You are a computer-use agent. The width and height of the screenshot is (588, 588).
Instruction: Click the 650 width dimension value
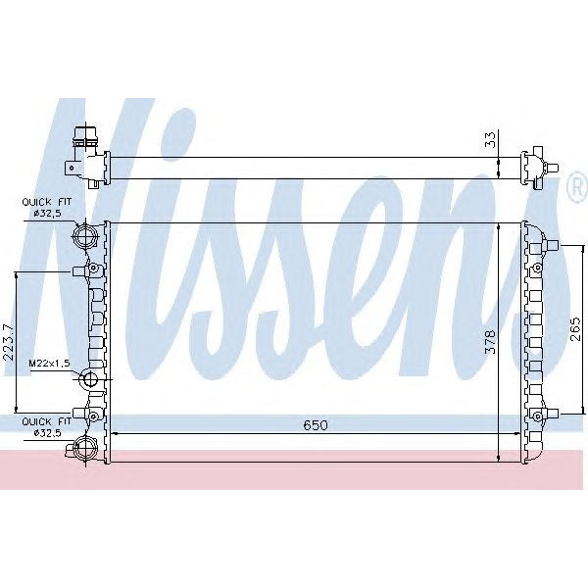point(314,424)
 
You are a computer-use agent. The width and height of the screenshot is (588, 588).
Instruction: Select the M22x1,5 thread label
point(47,363)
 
